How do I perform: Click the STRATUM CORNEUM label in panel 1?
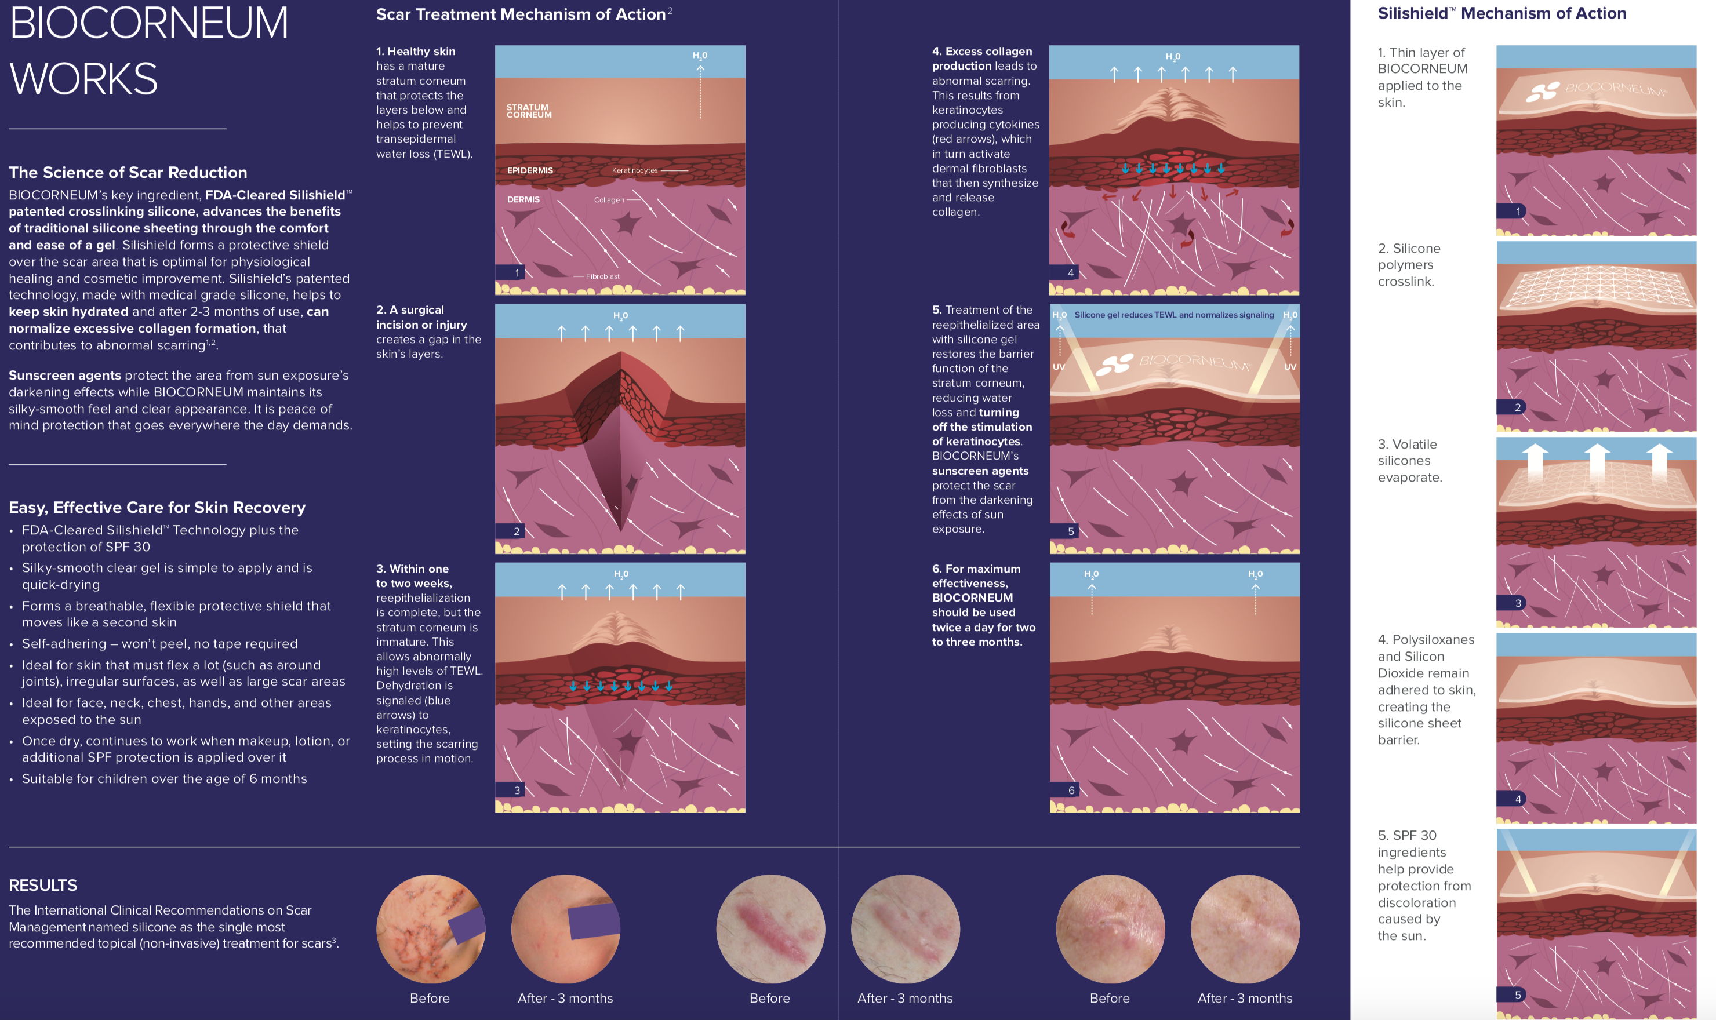pos(529,111)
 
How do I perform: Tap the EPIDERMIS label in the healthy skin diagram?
pos(529,170)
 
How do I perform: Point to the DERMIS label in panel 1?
pos(523,199)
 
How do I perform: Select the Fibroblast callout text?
pos(602,276)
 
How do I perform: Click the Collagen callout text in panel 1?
pos(609,200)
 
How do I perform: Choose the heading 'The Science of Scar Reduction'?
pos(128,173)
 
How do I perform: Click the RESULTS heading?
pos(43,886)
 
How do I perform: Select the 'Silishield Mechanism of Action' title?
pos(1501,13)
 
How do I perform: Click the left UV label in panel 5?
pos(1059,367)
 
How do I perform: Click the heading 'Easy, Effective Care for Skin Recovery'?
pos(157,507)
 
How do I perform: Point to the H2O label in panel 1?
pos(700,56)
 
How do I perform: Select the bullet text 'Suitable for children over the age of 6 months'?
pos(164,779)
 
